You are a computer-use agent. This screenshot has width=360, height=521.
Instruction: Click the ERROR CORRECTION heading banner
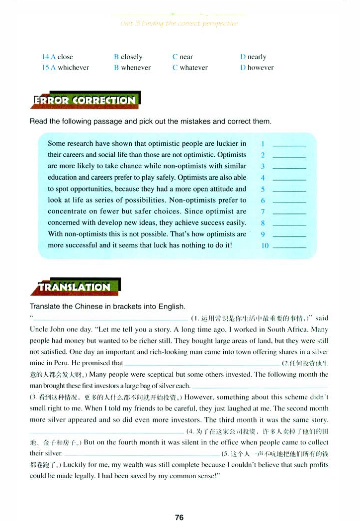pos(85,100)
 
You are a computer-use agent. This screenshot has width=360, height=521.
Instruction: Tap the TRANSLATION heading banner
pos(75,287)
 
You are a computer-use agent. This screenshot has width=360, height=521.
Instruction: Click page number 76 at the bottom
pos(180,518)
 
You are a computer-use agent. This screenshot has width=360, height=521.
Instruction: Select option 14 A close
pos(58,57)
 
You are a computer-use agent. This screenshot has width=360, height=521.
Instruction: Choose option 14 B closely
pos(128,57)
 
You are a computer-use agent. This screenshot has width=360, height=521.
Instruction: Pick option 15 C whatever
pos(190,68)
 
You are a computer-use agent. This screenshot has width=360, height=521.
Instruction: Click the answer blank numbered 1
pos(289,144)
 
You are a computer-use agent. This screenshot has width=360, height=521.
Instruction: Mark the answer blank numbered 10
pos(289,246)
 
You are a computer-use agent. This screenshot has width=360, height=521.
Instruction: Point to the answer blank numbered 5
pos(289,189)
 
